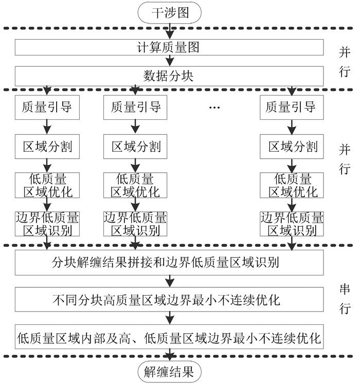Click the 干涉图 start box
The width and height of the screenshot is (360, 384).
click(x=169, y=12)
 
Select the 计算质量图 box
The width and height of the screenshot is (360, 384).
click(x=169, y=48)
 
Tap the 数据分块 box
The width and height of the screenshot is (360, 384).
click(x=169, y=77)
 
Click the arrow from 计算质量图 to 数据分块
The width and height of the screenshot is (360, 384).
click(x=169, y=62)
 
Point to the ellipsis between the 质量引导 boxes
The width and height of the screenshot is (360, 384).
click(x=215, y=107)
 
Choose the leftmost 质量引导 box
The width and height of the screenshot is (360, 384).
click(x=46, y=107)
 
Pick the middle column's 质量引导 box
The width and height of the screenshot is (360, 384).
click(x=135, y=107)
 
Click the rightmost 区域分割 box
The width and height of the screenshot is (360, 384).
click(x=292, y=147)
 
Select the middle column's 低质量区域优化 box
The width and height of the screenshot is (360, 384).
click(x=135, y=186)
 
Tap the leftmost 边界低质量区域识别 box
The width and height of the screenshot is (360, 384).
click(x=46, y=223)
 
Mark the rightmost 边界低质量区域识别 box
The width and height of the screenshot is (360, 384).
click(x=292, y=223)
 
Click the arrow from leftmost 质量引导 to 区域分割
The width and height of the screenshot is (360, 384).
click(x=46, y=126)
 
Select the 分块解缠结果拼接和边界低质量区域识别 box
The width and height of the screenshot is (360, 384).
click(x=169, y=263)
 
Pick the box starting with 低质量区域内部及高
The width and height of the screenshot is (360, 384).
click(x=169, y=338)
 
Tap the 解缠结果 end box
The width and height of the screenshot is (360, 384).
click(x=169, y=372)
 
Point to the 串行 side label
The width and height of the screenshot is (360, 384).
click(x=345, y=298)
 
